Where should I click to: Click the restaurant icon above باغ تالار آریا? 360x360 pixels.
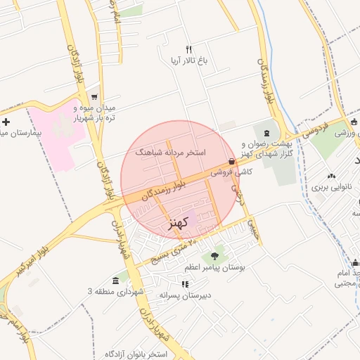188,49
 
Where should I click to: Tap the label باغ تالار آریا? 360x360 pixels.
189,61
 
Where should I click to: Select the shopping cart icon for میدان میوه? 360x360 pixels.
94,97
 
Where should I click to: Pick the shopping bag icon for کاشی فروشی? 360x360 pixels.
232,161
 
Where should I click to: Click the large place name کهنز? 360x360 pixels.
180,224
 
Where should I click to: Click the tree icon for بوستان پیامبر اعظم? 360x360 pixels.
214,257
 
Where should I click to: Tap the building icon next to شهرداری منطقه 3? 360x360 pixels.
115,281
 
